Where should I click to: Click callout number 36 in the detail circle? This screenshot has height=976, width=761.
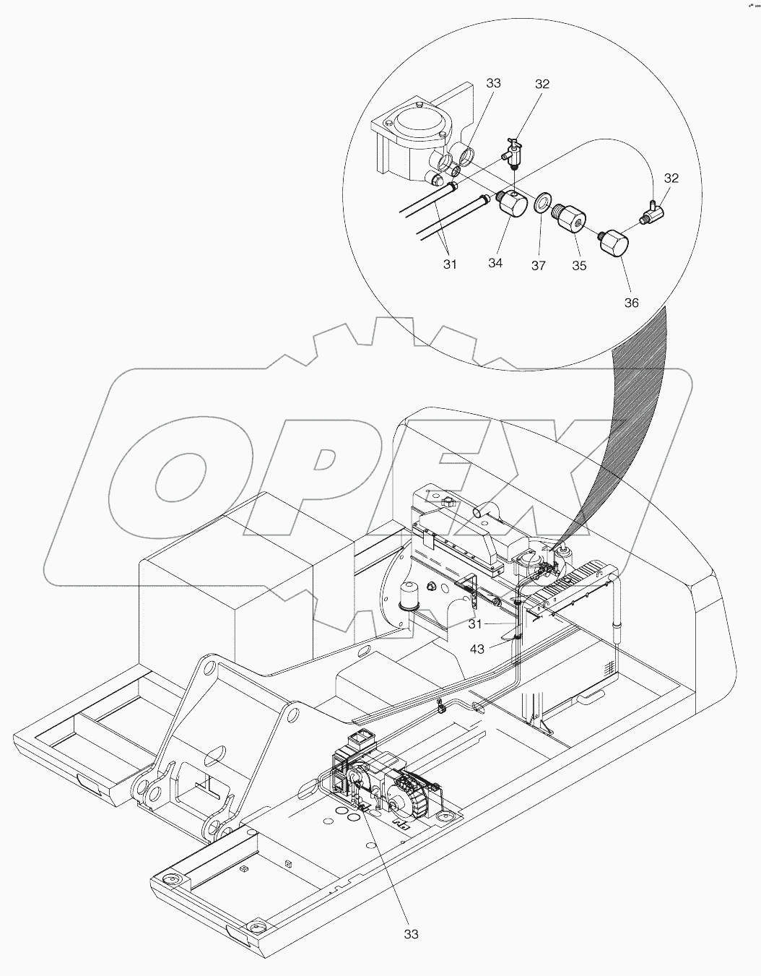click(x=631, y=303)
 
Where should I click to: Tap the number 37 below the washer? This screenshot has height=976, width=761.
click(x=539, y=265)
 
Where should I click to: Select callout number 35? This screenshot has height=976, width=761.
click(x=579, y=265)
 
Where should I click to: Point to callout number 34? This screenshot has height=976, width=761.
click(x=495, y=263)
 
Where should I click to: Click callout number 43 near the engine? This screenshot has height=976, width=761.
click(x=477, y=649)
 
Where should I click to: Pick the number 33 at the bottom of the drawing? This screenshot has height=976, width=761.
click(x=411, y=934)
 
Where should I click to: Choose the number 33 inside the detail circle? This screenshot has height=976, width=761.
click(x=493, y=83)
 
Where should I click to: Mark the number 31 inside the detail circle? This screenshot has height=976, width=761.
click(x=450, y=264)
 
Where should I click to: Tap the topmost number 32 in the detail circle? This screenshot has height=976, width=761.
click(x=542, y=84)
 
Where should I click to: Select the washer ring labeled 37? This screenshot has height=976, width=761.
click(x=542, y=202)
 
